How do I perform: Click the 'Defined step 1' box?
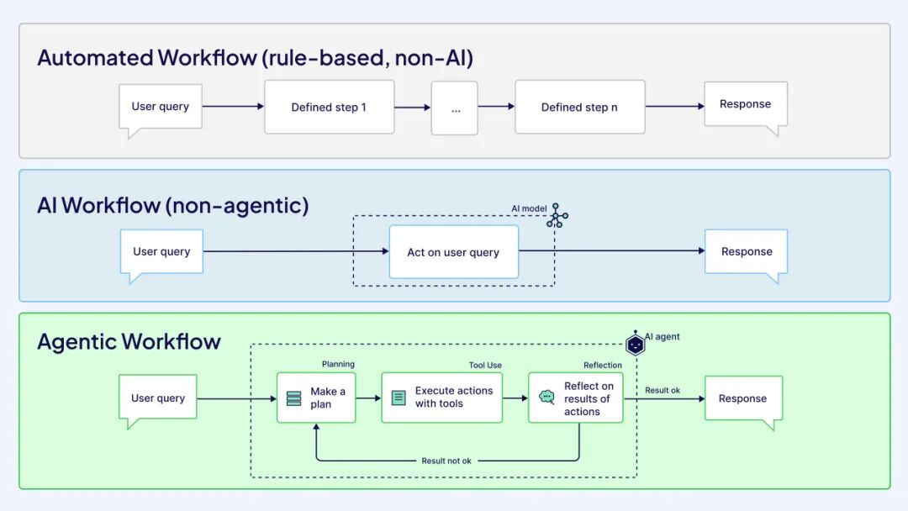[329, 107]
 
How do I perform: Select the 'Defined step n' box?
[579, 107]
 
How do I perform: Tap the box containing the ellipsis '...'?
[455, 108]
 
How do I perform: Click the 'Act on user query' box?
[453, 251]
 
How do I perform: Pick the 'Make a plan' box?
[316, 398]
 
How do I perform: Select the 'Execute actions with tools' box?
[441, 398]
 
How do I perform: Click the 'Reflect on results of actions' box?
[575, 398]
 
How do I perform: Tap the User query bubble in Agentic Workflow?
[158, 398]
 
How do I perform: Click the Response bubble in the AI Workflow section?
[746, 250]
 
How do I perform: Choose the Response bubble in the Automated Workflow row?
[745, 104]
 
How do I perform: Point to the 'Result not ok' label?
[446, 461]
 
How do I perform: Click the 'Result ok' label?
[663, 390]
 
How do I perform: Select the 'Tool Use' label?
[485, 365]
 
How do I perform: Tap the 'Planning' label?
[338, 364]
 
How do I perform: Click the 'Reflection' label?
[603, 365]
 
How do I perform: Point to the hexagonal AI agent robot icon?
[636, 344]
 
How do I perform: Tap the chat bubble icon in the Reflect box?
[546, 398]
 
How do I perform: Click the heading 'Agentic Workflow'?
[129, 341]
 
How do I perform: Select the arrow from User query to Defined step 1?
[233, 107]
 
